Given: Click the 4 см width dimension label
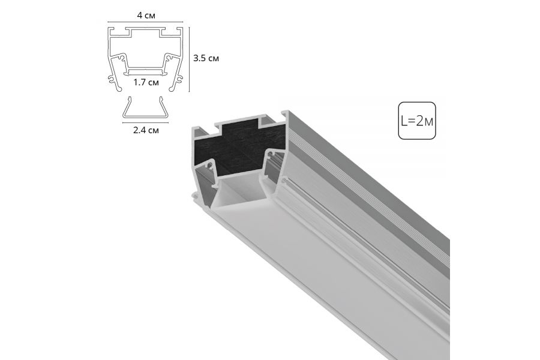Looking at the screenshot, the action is pyautogui.click(x=146, y=16).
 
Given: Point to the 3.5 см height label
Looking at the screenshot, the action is pyautogui.click(x=206, y=58).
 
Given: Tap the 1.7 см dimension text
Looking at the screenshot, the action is pyautogui.click(x=146, y=82).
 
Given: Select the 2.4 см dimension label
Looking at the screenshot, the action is pyautogui.click(x=146, y=130).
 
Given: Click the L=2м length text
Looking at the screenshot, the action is pyautogui.click(x=417, y=121).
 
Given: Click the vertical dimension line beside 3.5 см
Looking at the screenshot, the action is pyautogui.click(x=189, y=59).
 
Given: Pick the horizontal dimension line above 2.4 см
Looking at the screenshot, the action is pyautogui.click(x=146, y=122).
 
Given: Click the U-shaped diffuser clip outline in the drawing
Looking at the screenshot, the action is pyautogui.click(x=146, y=116).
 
